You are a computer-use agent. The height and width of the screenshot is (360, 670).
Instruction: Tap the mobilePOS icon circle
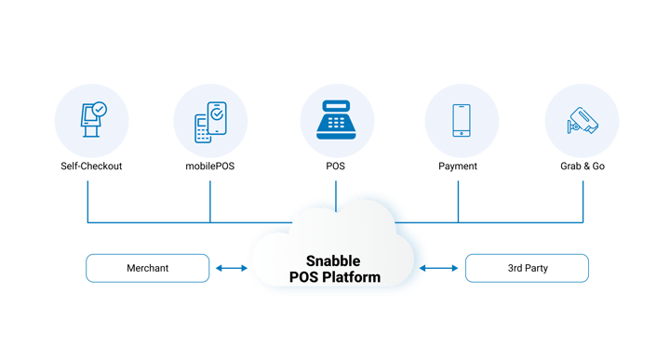(x=210, y=120)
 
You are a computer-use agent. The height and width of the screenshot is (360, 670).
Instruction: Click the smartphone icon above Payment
(x=459, y=120)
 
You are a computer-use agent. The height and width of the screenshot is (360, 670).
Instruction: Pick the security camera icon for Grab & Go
(x=583, y=120)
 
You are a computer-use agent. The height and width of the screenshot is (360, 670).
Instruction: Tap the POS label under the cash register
(x=335, y=167)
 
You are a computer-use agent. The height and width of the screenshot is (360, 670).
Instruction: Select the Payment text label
(x=459, y=167)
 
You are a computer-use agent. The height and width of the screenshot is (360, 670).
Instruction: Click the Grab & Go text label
(x=583, y=167)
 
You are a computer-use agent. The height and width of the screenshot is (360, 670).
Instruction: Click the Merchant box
(x=147, y=268)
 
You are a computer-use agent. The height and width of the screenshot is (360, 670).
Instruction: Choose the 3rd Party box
(x=527, y=268)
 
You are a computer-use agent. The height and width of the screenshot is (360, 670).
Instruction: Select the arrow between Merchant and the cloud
(x=229, y=268)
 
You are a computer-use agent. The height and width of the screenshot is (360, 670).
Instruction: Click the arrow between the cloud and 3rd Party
(x=443, y=268)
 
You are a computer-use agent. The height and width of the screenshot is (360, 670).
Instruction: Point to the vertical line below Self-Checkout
(x=87, y=199)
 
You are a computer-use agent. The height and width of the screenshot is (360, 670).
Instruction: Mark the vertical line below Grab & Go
(x=583, y=199)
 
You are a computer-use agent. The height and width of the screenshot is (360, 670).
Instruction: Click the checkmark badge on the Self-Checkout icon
(x=99, y=110)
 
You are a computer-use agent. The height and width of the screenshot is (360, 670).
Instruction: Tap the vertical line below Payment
(x=459, y=199)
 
